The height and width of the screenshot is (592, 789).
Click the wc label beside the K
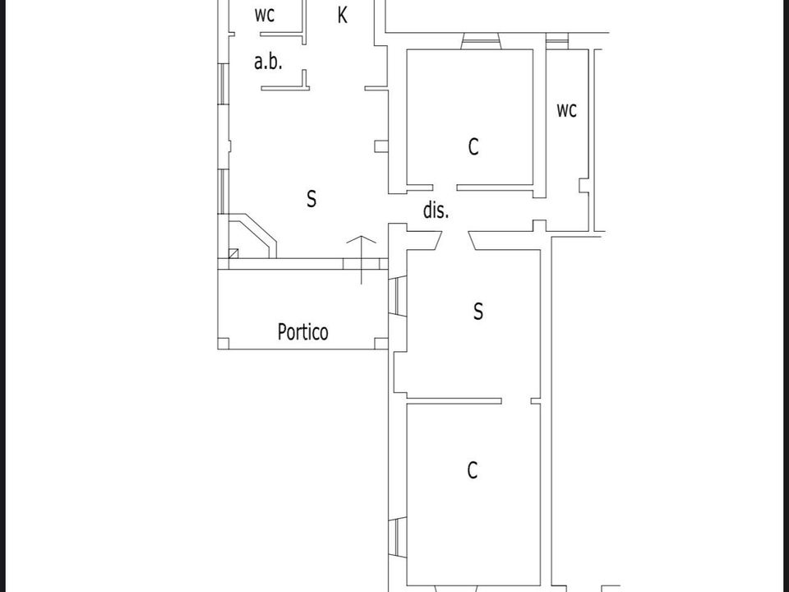264,15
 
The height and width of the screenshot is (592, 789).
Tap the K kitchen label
342,15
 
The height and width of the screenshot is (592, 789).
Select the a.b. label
268,62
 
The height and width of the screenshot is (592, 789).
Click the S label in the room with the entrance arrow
311,198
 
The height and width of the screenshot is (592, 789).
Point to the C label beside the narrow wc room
473,147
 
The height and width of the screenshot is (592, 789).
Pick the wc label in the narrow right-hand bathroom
566,110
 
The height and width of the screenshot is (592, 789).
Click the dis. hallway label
436,210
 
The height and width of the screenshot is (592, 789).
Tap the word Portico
303,331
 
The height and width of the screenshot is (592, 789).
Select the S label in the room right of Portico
478,311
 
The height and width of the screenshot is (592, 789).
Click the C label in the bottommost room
472,470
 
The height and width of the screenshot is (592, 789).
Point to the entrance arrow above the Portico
362,260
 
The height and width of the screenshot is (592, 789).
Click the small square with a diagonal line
233,253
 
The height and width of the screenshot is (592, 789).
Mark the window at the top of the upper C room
481,41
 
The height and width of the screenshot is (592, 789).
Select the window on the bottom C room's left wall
398,538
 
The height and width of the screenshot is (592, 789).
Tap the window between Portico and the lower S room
398,297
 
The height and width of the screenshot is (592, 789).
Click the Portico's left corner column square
224,344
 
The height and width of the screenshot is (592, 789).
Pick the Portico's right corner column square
382,344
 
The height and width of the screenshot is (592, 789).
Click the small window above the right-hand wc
557,41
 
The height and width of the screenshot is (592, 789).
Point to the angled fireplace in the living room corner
252,236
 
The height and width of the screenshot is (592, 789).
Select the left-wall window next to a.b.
224,84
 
